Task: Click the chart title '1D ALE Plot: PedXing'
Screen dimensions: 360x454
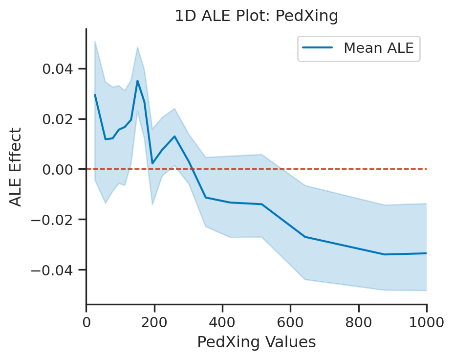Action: (x=257, y=16)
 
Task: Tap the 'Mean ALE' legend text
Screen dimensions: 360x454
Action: (x=379, y=48)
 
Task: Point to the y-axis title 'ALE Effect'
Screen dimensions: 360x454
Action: (x=16, y=167)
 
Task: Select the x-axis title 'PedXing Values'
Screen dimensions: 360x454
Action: (x=257, y=342)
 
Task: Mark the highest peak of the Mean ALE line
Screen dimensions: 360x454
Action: (x=138, y=81)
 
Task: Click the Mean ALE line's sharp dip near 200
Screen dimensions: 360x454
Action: (x=152, y=163)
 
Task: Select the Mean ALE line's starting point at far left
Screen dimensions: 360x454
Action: (x=95, y=95)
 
